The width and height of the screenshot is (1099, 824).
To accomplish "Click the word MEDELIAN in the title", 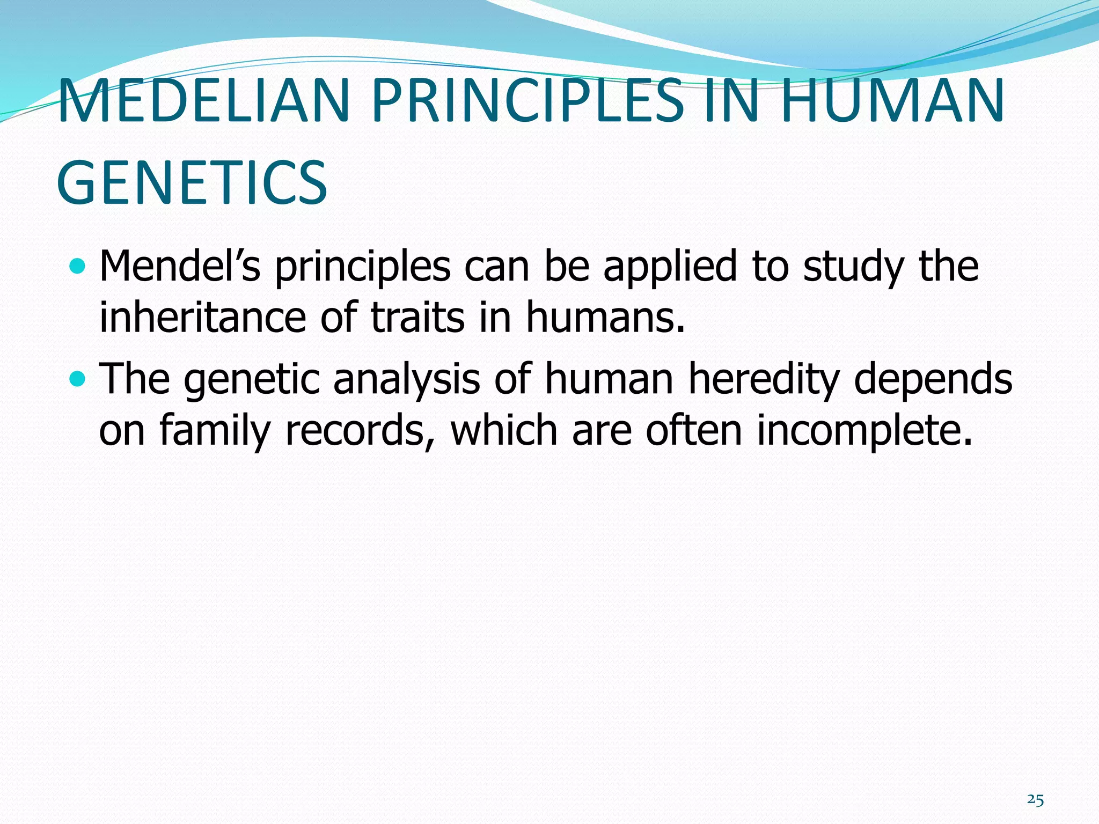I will click(204, 101).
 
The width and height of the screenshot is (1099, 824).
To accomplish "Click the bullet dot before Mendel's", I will click(78, 266).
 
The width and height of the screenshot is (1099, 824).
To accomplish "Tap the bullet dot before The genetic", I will click(78, 379).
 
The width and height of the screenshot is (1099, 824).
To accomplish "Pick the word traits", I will click(418, 318).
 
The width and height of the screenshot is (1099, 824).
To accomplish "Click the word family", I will click(214, 431).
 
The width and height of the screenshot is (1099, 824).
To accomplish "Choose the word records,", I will click(359, 431).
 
